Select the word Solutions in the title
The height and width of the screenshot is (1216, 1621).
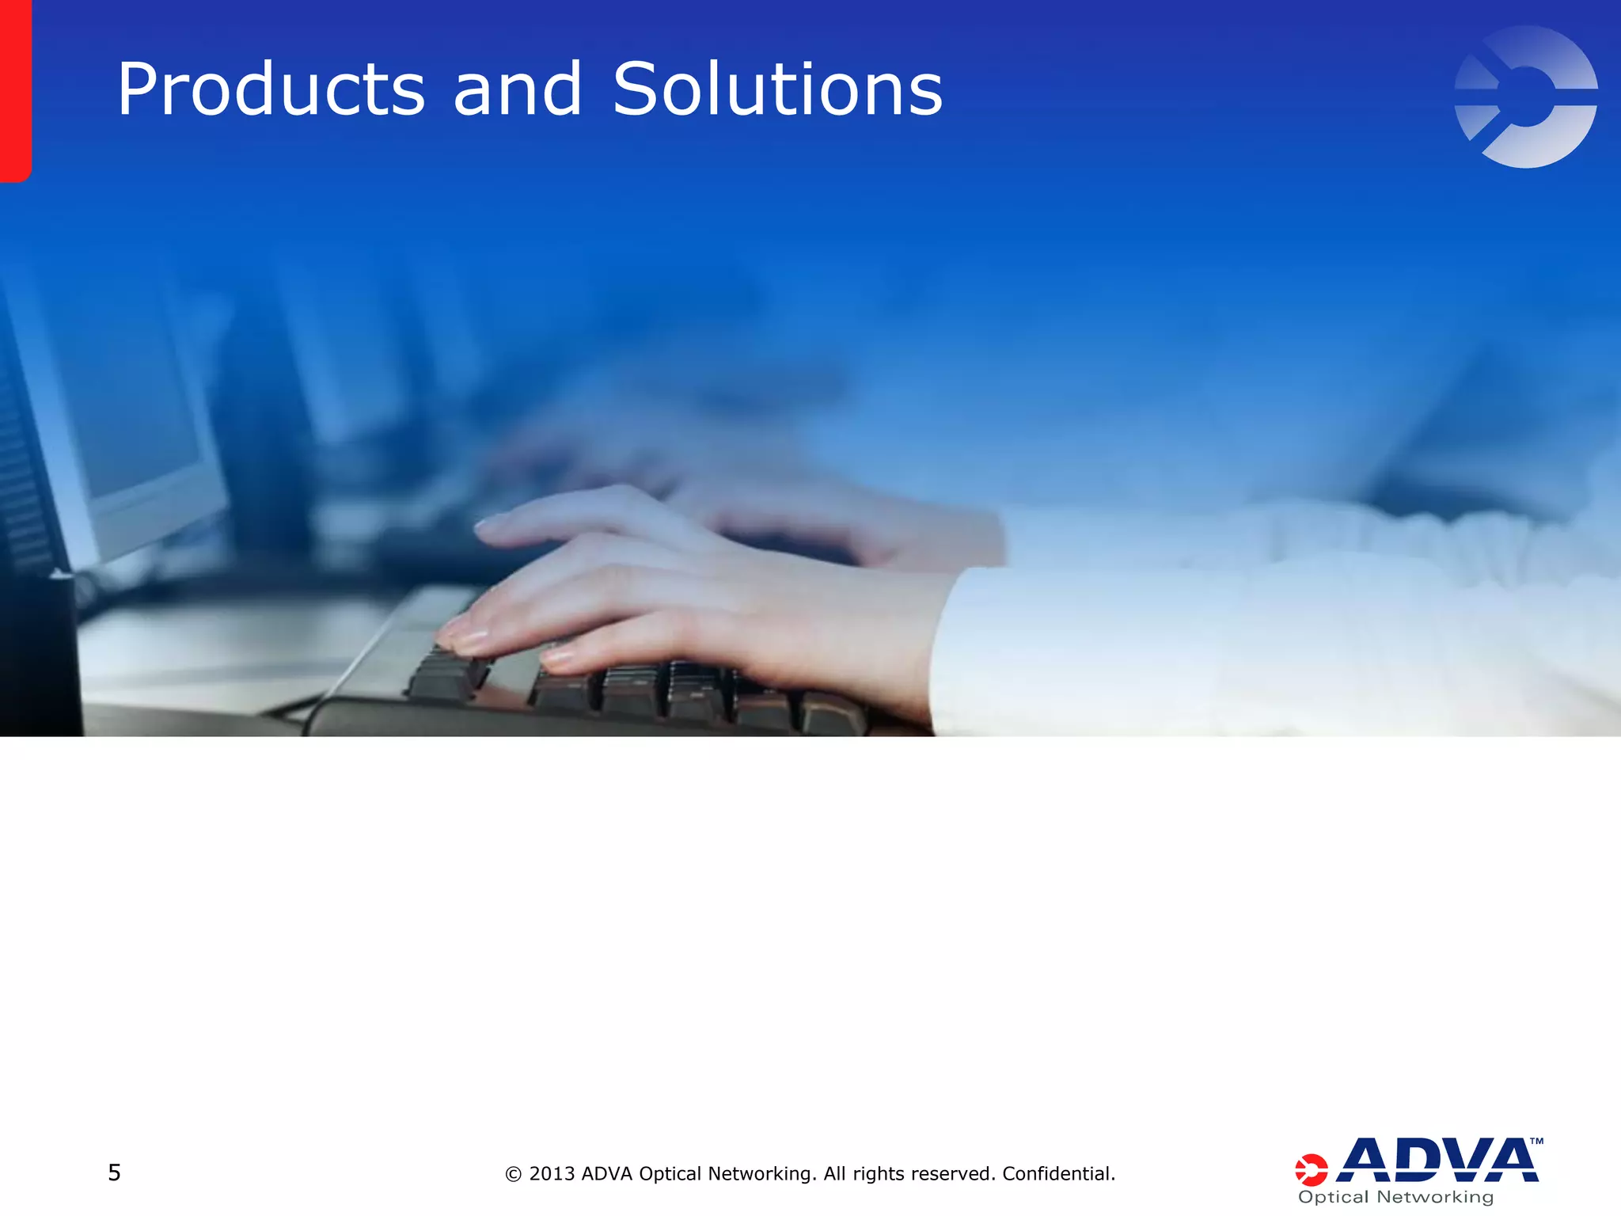pyautogui.click(x=777, y=90)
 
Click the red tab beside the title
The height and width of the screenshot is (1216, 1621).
pyautogui.click(x=15, y=90)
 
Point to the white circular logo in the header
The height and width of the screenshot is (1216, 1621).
pyautogui.click(x=1526, y=97)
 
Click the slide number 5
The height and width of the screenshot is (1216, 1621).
pyautogui.click(x=114, y=1172)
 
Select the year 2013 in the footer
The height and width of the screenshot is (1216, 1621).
pyautogui.click(x=552, y=1173)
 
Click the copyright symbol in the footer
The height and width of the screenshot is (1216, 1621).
pyautogui.click(x=514, y=1174)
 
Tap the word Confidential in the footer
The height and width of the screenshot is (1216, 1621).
pyautogui.click(x=1057, y=1173)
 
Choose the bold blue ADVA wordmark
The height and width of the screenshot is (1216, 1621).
pyautogui.click(x=1437, y=1161)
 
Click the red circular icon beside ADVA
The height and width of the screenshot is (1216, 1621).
pyautogui.click(x=1311, y=1170)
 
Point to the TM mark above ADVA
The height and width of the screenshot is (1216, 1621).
pyautogui.click(x=1536, y=1142)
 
